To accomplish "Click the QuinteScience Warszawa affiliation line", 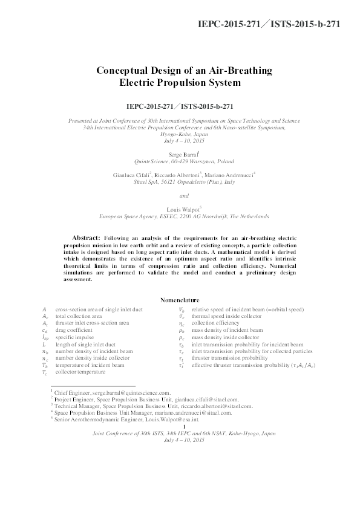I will (x=184, y=162).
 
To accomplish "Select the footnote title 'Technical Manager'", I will (x=75, y=405).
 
